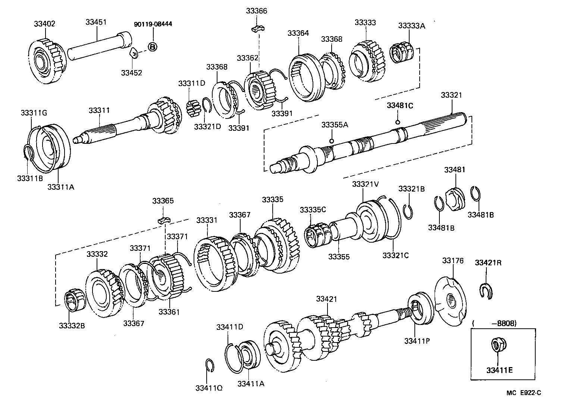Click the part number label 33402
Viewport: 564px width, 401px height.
[44, 24]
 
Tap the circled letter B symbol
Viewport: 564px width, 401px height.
[152, 47]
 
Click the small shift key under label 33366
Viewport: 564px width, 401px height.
[257, 28]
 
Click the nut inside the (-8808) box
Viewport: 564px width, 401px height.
[496, 345]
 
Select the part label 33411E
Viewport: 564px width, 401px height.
[499, 370]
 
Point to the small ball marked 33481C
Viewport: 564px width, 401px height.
[398, 122]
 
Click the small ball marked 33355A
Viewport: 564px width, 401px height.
[331, 141]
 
